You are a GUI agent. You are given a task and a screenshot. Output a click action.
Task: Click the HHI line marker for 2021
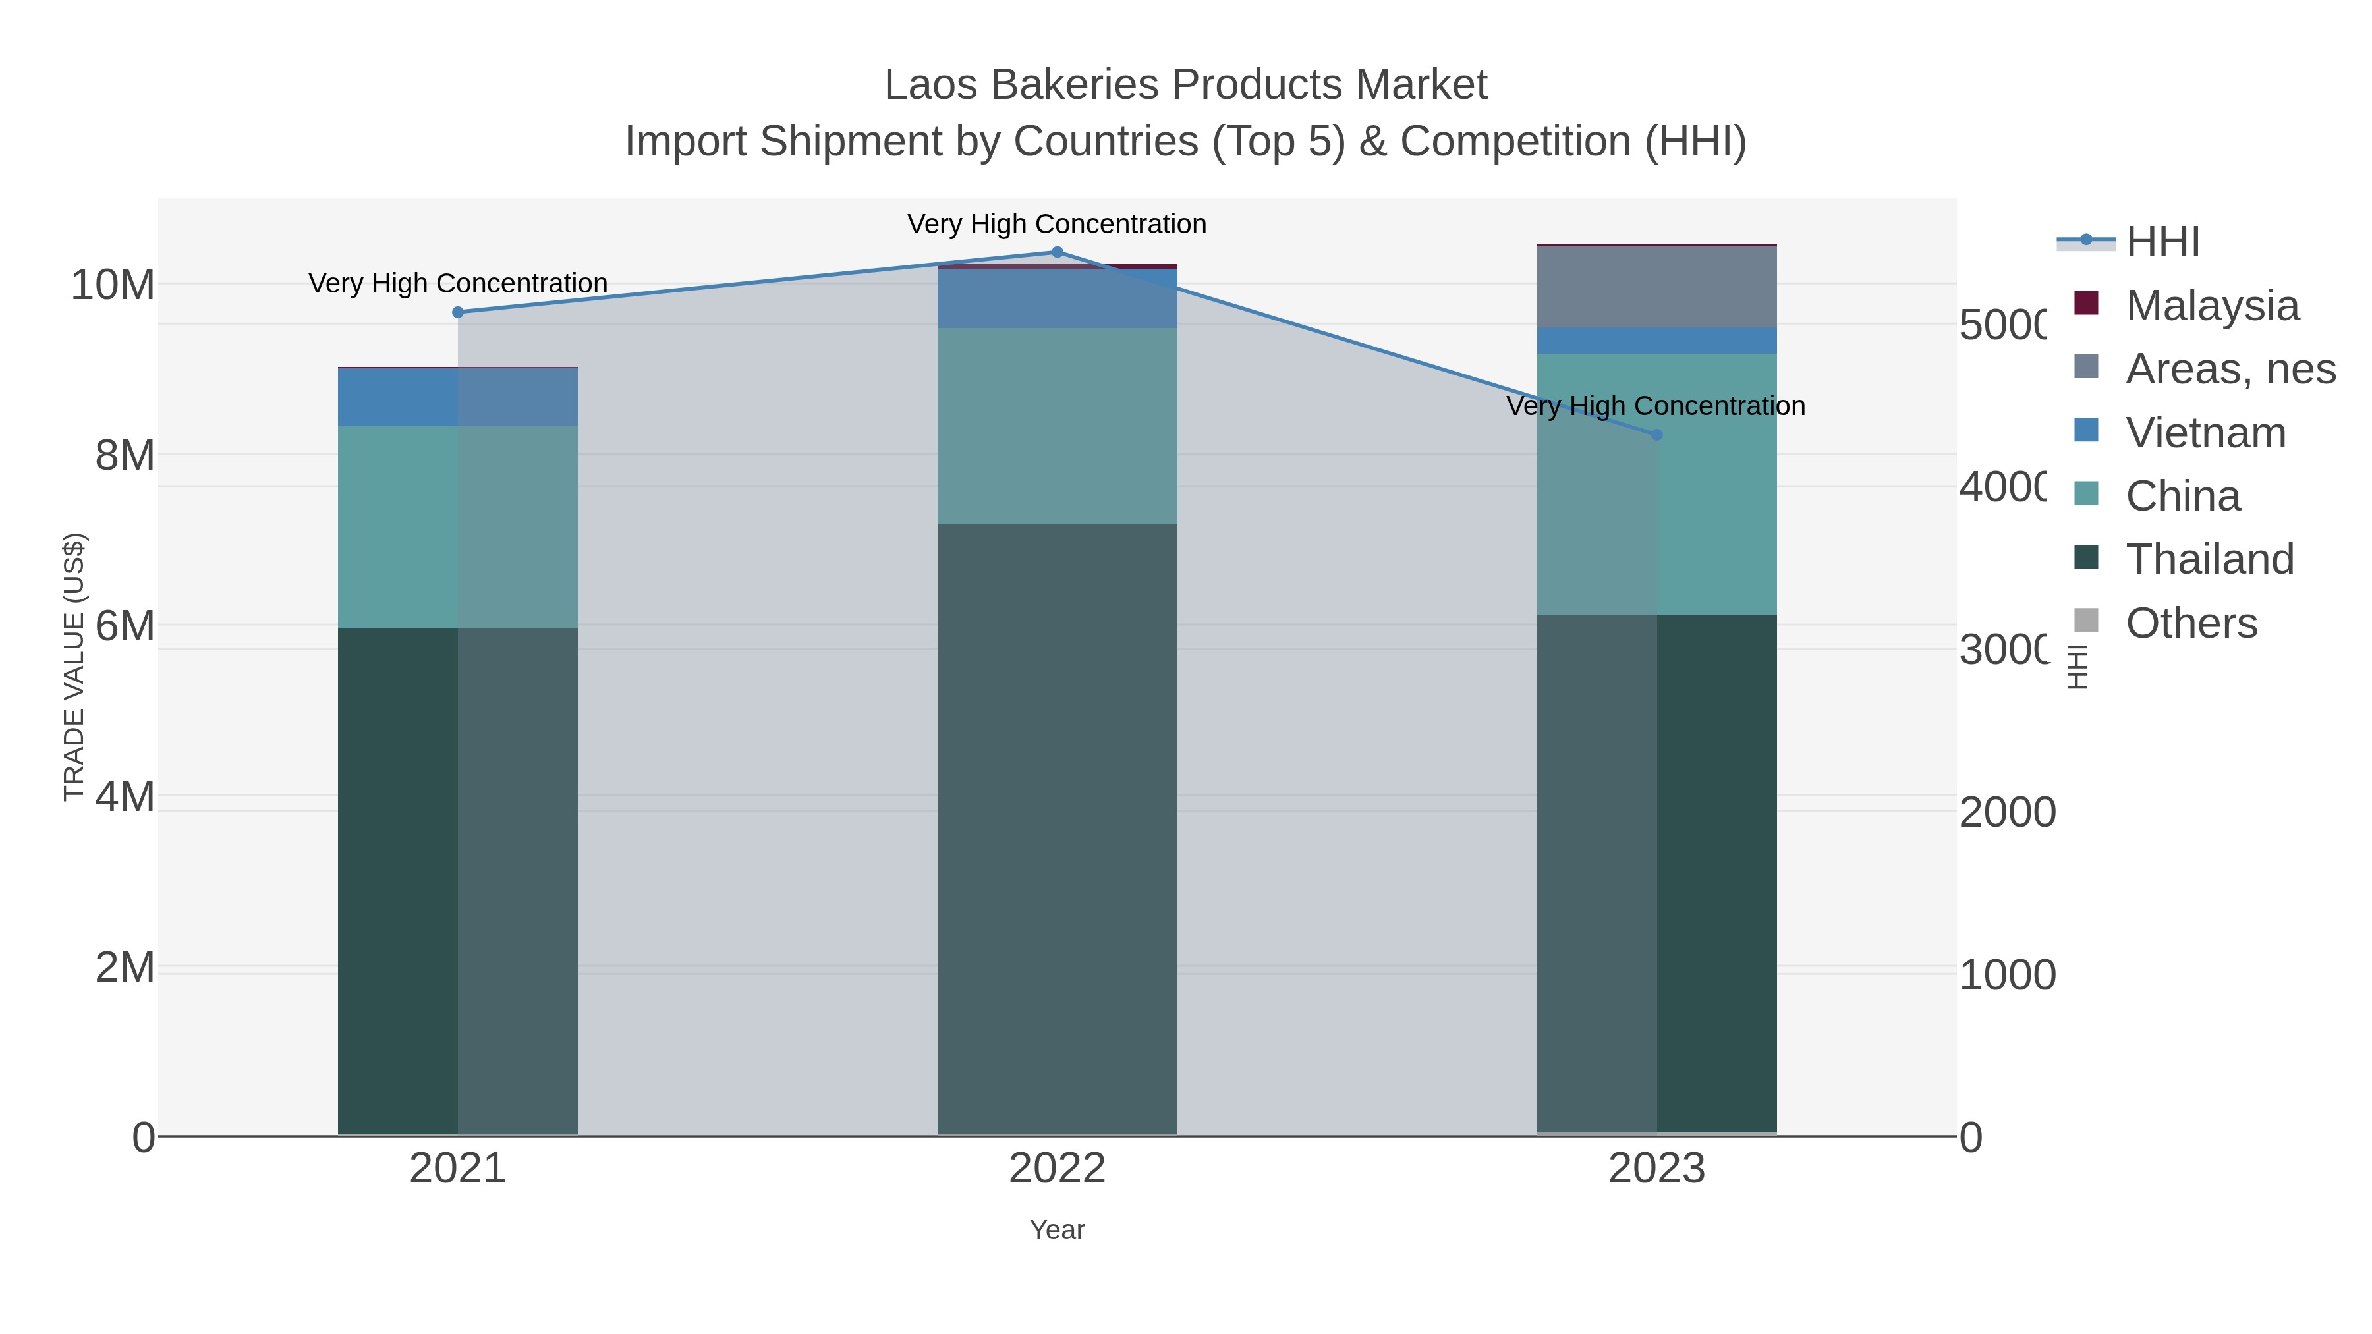pyautogui.click(x=458, y=312)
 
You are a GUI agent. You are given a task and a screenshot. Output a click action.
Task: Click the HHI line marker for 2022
pyautogui.click(x=1057, y=252)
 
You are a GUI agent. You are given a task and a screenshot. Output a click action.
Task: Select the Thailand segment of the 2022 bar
pyautogui.click(x=1057, y=829)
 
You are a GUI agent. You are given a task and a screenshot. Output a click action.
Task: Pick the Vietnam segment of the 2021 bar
pyautogui.click(x=458, y=397)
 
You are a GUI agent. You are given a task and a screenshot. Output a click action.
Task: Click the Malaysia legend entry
pyautogui.click(x=2212, y=305)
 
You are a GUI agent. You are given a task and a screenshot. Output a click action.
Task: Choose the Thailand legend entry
pyautogui.click(x=2209, y=559)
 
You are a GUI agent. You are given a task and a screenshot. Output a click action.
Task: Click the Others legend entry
pyautogui.click(x=2191, y=623)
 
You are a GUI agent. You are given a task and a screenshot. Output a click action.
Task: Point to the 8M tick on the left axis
pyautogui.click(x=125, y=455)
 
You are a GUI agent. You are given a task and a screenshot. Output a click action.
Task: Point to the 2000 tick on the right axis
pyautogui.click(x=2008, y=812)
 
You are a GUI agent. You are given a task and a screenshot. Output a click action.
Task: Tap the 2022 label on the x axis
pyautogui.click(x=1057, y=1168)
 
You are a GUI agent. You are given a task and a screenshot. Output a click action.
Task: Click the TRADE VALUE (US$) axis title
pyautogui.click(x=74, y=667)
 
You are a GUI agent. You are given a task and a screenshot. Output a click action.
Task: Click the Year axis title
pyautogui.click(x=1057, y=1230)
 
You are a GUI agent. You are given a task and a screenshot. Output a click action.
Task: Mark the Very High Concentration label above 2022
pyautogui.click(x=1057, y=224)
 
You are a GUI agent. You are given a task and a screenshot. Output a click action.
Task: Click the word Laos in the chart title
pyautogui.click(x=929, y=85)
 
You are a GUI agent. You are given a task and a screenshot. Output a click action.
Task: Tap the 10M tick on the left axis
pyautogui.click(x=112, y=285)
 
